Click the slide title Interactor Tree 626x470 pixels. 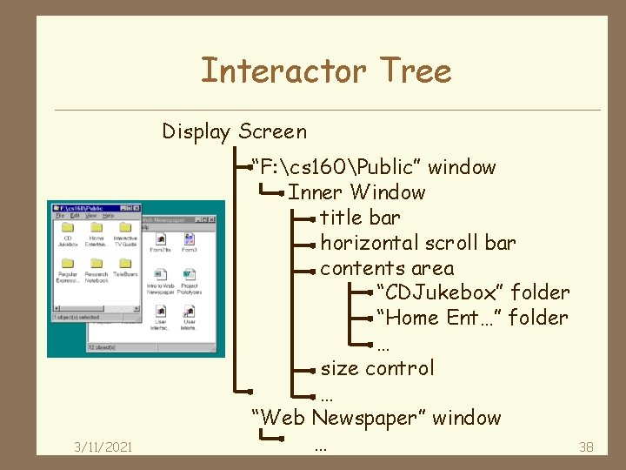click(x=326, y=70)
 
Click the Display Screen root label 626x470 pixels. click(x=234, y=132)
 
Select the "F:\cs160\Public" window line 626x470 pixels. click(x=373, y=167)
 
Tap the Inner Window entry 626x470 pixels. click(x=356, y=192)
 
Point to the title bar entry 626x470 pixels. click(x=360, y=218)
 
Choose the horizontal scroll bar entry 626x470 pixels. click(x=417, y=243)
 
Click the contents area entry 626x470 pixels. click(x=387, y=268)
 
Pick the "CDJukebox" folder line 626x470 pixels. click(x=473, y=292)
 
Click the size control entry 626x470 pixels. click(x=376, y=368)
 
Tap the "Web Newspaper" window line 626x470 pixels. click(x=376, y=418)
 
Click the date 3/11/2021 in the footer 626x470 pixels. click(x=103, y=447)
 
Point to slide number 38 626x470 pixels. click(x=586, y=447)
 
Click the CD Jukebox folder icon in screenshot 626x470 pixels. click(x=68, y=227)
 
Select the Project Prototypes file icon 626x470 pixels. click(x=189, y=275)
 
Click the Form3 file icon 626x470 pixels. click(x=189, y=239)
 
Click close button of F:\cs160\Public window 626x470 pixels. click(x=137, y=208)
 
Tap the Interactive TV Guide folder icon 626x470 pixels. click(x=124, y=227)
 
